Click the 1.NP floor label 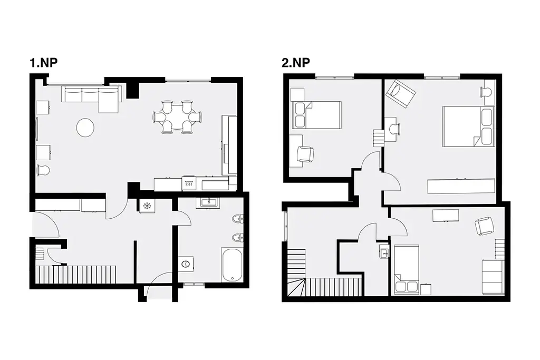(43, 63)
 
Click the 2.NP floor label (296, 63)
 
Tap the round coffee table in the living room (85, 128)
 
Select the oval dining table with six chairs (177, 117)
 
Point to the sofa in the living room (91, 98)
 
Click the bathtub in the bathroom (233, 264)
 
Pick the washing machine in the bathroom (186, 264)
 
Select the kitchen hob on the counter (188, 183)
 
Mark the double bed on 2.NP (469, 127)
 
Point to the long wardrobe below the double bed (461, 186)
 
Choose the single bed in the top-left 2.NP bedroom (316, 115)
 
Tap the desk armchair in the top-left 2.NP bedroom (305, 154)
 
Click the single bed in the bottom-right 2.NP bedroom (407, 270)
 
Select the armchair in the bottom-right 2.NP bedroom (484, 226)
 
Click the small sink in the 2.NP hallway (384, 251)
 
